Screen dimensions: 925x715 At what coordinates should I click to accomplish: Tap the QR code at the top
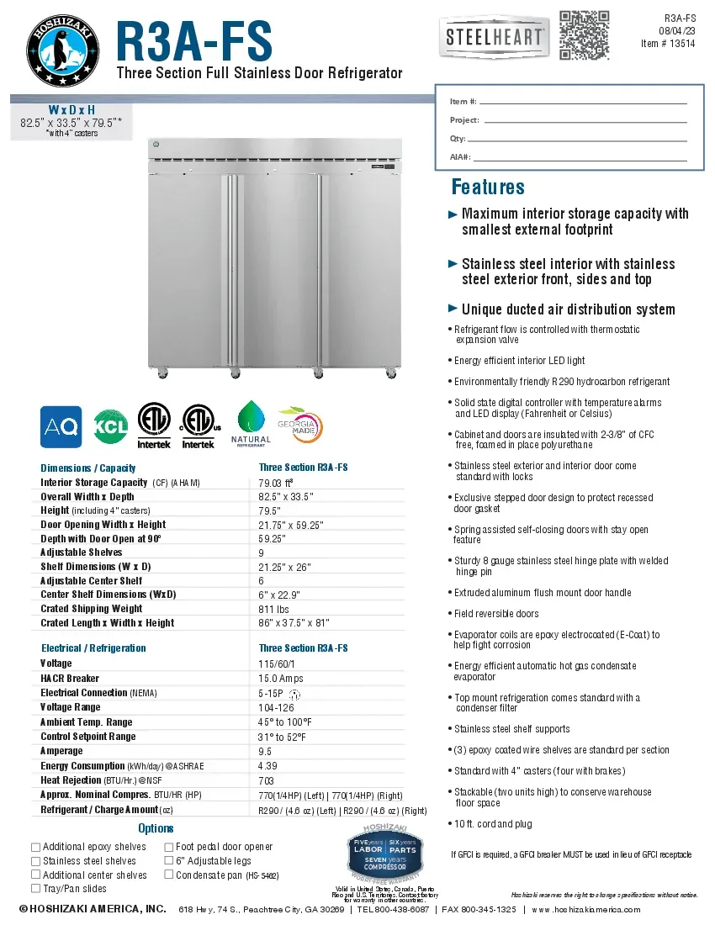584,35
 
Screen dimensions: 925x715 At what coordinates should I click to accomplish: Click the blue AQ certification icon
61,427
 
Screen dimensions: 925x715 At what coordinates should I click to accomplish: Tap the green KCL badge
110,427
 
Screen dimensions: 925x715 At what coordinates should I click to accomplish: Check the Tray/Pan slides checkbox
35,888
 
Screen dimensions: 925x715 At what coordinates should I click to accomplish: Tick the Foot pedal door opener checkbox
169,847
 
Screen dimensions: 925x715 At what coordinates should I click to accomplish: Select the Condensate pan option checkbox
169,875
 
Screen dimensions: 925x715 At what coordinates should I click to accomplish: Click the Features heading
488,187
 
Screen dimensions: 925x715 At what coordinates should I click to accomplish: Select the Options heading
156,828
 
